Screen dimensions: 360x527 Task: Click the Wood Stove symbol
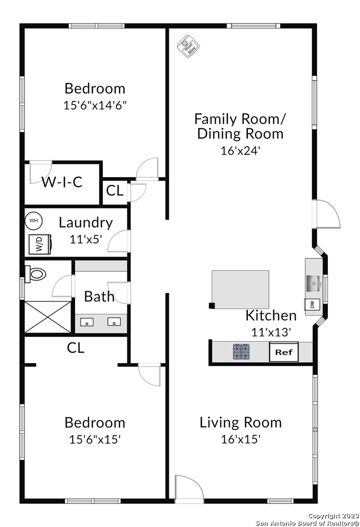coord(189,46)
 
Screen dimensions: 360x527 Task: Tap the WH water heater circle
coord(33,221)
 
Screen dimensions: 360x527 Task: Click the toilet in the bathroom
coord(35,274)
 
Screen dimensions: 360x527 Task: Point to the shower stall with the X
coord(48,317)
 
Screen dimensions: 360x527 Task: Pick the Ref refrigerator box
coord(284,352)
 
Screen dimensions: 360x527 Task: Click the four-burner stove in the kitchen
coord(242,352)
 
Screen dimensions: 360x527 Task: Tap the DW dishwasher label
coord(312,305)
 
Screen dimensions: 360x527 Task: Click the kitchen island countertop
coord(240,289)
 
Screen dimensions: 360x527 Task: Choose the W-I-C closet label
coord(62,182)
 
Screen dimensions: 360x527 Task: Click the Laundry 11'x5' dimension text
coord(86,239)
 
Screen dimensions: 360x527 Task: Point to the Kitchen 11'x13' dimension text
coord(271,332)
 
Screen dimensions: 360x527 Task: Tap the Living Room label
coord(240,423)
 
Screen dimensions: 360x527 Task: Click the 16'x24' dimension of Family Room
coord(240,151)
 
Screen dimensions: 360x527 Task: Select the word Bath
coord(99,297)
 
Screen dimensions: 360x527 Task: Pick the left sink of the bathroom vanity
coord(87,322)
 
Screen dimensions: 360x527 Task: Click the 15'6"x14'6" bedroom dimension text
coord(95,105)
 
